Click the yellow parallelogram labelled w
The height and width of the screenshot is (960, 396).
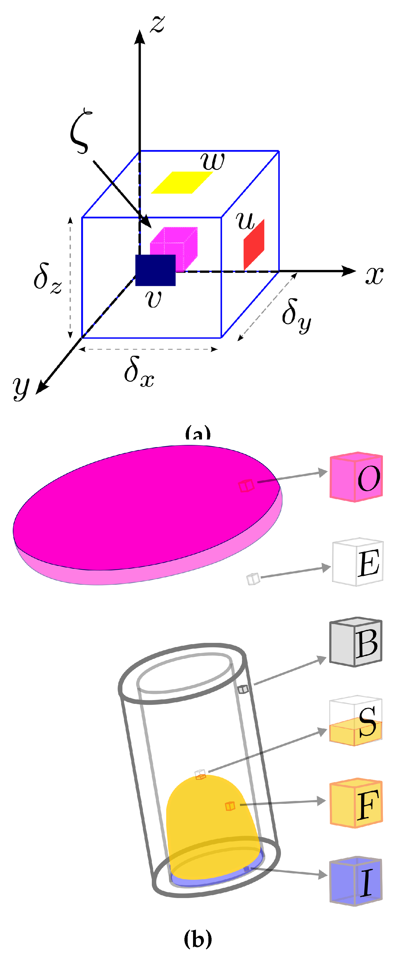tap(182, 182)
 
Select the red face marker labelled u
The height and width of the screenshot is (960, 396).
tap(254, 245)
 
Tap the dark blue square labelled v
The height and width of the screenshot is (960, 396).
tap(155, 270)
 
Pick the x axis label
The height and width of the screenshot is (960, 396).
tap(374, 276)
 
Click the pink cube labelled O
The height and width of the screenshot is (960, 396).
tap(356, 477)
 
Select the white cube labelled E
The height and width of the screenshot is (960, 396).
tap(358, 562)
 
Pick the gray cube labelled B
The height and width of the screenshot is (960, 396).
tap(356, 642)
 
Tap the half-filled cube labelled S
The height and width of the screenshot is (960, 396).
tap(356, 721)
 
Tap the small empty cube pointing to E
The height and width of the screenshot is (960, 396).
tap(253, 579)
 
